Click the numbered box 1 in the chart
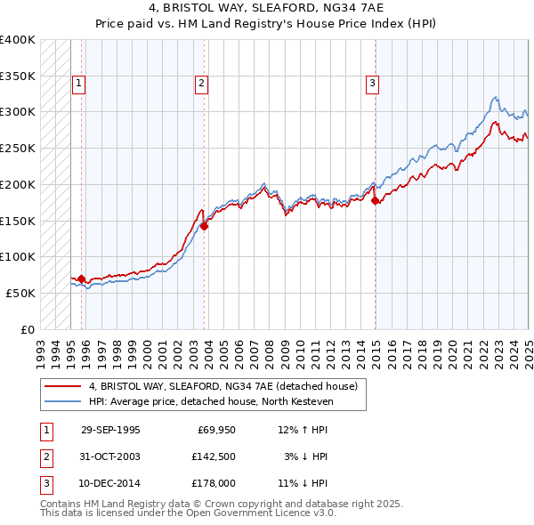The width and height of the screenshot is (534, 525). pyautogui.click(x=79, y=84)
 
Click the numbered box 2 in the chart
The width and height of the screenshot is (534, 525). pyautogui.click(x=202, y=84)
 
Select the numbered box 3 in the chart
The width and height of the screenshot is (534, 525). pyautogui.click(x=372, y=84)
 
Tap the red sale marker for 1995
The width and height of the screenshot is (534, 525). pyautogui.click(x=81, y=279)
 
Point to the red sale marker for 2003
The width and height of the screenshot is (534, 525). pyautogui.click(x=205, y=226)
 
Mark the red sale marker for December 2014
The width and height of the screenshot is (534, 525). pyautogui.click(x=375, y=200)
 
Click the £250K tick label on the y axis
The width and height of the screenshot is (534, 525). pyautogui.click(x=18, y=148)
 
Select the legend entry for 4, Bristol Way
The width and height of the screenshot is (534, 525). pyautogui.click(x=222, y=386)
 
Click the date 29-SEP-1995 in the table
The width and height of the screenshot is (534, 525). pyautogui.click(x=110, y=430)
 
